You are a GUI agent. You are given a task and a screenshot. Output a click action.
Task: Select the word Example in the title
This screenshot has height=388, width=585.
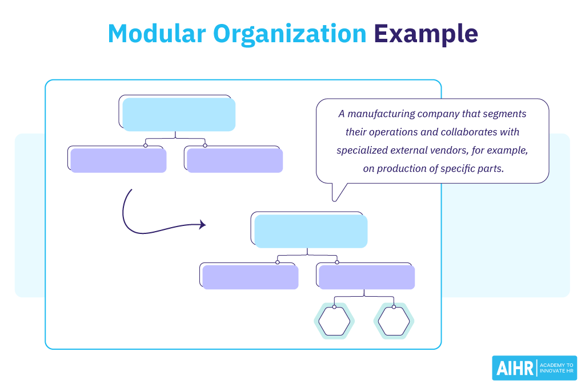tap(426, 34)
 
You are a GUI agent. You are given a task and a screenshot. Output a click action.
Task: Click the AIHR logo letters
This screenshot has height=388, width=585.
tap(514, 369)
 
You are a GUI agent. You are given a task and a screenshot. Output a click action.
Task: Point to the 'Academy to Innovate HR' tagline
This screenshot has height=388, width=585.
tap(557, 369)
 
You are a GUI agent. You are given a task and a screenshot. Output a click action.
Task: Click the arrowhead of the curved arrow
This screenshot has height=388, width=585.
tap(202, 225)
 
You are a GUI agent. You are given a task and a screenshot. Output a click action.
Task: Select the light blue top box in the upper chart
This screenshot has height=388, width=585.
tap(179, 114)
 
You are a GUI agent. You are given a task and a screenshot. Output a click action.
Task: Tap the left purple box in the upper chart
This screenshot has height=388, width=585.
tap(118, 160)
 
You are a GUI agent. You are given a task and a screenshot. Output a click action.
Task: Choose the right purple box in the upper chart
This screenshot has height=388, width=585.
tap(235, 160)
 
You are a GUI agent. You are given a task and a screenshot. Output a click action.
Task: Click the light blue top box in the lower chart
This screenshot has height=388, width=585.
tap(311, 231)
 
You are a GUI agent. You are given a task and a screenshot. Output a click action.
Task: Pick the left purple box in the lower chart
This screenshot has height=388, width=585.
tap(250, 277)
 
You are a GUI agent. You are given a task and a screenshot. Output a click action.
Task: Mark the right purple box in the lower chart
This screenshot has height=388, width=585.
tap(367, 277)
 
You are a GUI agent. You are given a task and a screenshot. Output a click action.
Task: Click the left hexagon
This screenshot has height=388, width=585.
tap(334, 321)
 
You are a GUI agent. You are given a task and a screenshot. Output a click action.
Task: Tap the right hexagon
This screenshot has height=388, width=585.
tap(394, 321)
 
